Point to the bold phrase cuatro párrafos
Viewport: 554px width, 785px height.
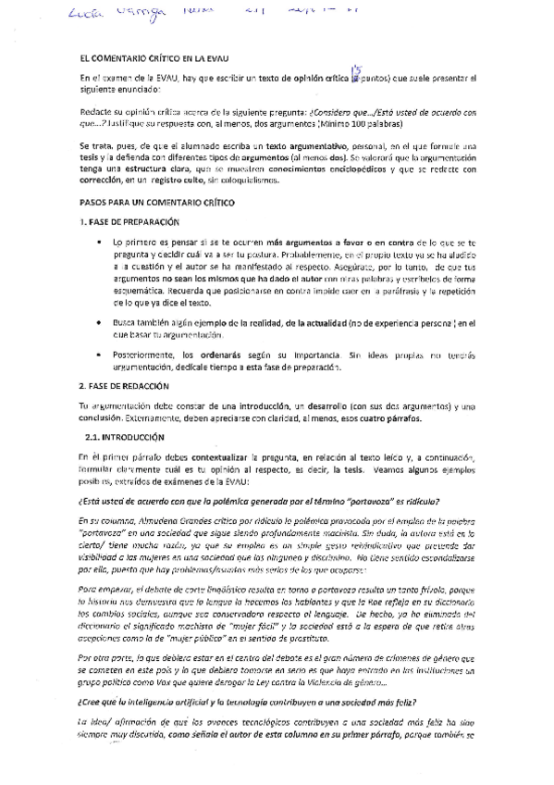389,417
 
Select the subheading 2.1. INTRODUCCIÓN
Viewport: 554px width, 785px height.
124,437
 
